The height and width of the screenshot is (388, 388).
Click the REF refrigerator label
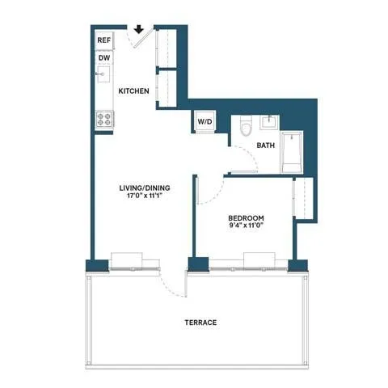point(104,40)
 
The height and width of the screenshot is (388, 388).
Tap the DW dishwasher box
point(104,58)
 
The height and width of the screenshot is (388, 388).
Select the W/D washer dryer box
point(203,123)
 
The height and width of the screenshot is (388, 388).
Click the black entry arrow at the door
point(139,31)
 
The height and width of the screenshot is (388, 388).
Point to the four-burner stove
point(103,119)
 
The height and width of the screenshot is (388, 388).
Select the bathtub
point(291,148)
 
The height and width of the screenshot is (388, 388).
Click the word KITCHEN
point(133,91)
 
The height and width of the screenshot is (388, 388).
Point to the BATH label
point(265,146)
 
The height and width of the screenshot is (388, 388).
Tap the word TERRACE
point(200,323)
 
